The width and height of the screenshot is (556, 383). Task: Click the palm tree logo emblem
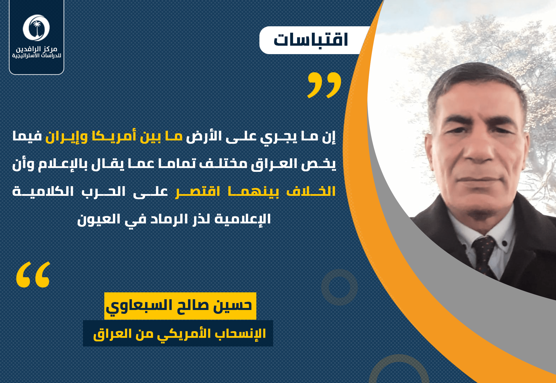36,28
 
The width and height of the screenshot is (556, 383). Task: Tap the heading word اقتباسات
311,40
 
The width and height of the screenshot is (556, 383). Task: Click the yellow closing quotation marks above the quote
324,85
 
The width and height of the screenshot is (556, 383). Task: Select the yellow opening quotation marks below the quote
33,274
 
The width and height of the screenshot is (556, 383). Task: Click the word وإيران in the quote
67,136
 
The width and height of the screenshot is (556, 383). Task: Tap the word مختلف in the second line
223,164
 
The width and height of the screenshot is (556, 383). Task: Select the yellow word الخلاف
311,191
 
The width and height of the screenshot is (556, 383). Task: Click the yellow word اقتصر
198,192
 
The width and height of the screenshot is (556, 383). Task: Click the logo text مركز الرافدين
36,49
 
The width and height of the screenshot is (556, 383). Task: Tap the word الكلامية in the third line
43,191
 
